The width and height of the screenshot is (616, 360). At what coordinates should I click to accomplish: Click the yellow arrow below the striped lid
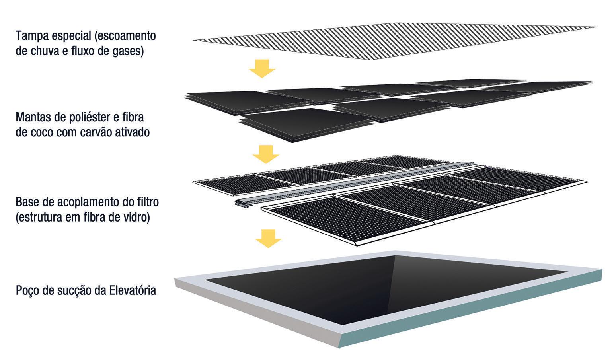click(262, 68)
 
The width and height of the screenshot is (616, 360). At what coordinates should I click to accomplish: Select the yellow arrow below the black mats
click(266, 154)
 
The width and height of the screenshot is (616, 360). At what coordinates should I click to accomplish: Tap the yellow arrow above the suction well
click(268, 238)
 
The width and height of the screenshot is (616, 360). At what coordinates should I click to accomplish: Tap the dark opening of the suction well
click(390, 286)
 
